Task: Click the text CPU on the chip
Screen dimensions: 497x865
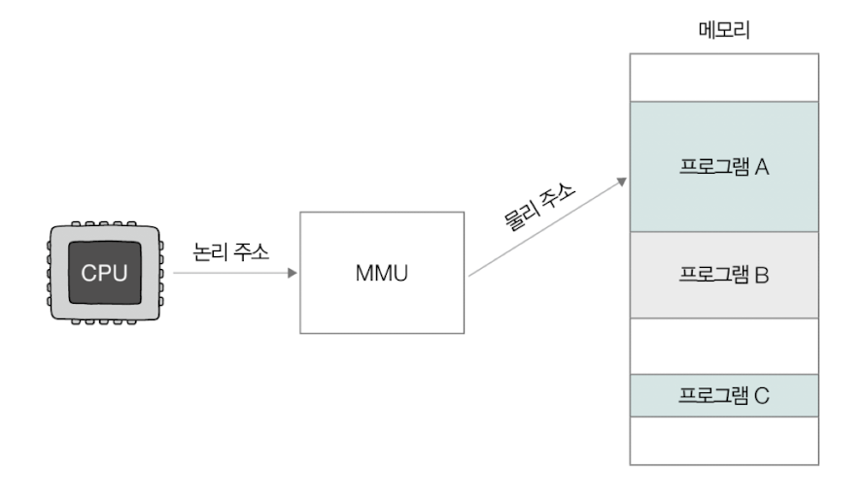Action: [104, 273]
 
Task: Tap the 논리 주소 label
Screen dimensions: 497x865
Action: [229, 248]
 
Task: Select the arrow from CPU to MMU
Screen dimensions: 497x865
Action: [233, 273]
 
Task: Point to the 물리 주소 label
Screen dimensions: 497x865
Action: [538, 206]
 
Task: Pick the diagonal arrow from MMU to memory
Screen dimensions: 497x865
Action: [544, 229]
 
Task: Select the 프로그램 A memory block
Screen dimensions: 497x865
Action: [724, 167]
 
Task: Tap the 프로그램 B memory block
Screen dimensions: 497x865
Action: [724, 275]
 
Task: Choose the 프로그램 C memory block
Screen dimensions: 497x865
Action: [724, 395]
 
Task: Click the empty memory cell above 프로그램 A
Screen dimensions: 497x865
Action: [724, 78]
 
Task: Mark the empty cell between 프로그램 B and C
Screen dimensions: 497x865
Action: [724, 346]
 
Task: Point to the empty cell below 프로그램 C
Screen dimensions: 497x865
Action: [724, 440]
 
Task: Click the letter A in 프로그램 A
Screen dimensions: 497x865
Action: [762, 167]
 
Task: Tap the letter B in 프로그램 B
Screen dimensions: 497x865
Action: [762, 275]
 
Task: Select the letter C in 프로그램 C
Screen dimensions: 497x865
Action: [762, 395]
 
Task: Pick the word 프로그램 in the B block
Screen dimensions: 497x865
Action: [713, 275]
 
